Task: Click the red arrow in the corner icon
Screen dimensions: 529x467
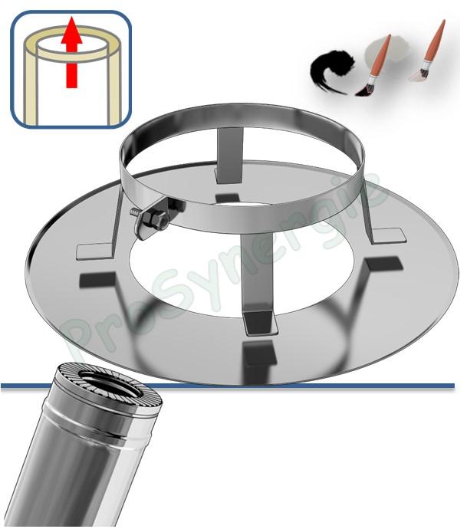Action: coord(71,54)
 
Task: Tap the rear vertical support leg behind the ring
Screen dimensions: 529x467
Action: coord(229,153)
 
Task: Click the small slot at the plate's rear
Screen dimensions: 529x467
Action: coord(227,199)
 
